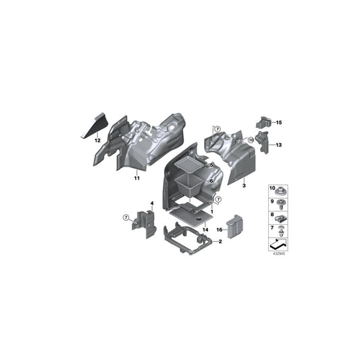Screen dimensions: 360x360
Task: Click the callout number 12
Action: [x=97, y=140]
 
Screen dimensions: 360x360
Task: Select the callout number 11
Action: [x=136, y=179]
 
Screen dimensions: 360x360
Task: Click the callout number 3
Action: [x=244, y=184]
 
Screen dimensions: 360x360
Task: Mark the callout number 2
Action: [x=219, y=241]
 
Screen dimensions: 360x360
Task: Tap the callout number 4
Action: [x=152, y=203]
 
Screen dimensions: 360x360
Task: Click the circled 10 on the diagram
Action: [x=250, y=140]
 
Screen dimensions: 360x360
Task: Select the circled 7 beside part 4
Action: [x=126, y=217]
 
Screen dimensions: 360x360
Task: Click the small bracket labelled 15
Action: [x=263, y=122]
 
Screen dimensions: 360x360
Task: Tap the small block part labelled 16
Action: [x=234, y=226]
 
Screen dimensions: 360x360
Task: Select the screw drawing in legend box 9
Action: [x=282, y=203]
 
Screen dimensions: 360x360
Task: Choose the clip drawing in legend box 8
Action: [x=282, y=216]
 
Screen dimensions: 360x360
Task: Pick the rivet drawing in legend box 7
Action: [x=282, y=230]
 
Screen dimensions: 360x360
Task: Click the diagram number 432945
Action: [x=278, y=255]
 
